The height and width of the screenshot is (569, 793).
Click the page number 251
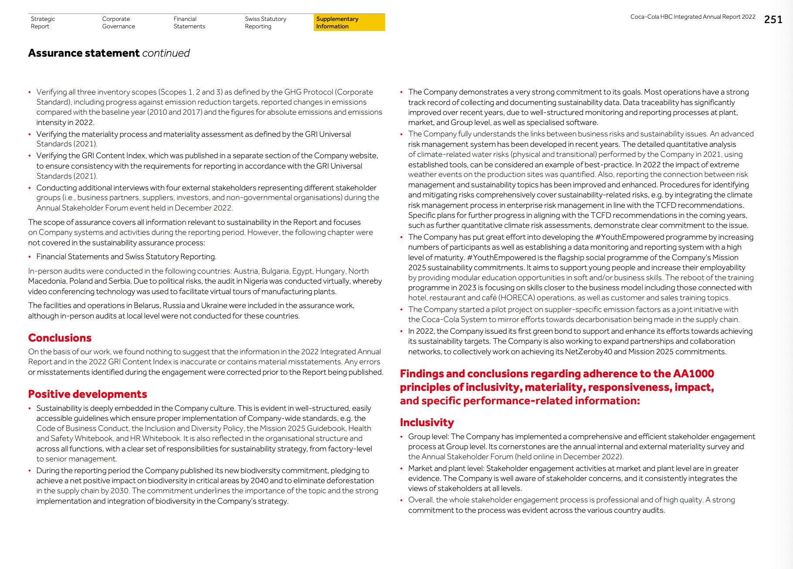click(x=773, y=20)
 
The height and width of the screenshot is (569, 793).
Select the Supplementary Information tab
click(x=337, y=23)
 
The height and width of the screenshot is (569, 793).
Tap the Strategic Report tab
click(x=43, y=23)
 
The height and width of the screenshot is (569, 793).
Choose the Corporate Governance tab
click(x=118, y=23)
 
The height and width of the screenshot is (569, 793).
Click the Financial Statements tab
click(x=189, y=23)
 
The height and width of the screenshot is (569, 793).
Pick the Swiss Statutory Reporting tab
click(x=265, y=23)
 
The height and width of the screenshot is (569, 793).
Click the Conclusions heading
click(x=60, y=338)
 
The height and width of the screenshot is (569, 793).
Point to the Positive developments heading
click(x=88, y=394)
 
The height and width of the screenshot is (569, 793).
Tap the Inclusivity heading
click(x=427, y=423)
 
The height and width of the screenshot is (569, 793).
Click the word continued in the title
click(x=166, y=53)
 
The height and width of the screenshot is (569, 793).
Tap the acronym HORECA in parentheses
click(x=517, y=298)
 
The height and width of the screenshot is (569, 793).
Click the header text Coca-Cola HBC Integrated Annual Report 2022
click(x=692, y=17)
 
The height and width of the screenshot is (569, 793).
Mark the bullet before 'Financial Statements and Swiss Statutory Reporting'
click(x=30, y=257)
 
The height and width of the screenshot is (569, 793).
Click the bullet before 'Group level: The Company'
click(x=401, y=437)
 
